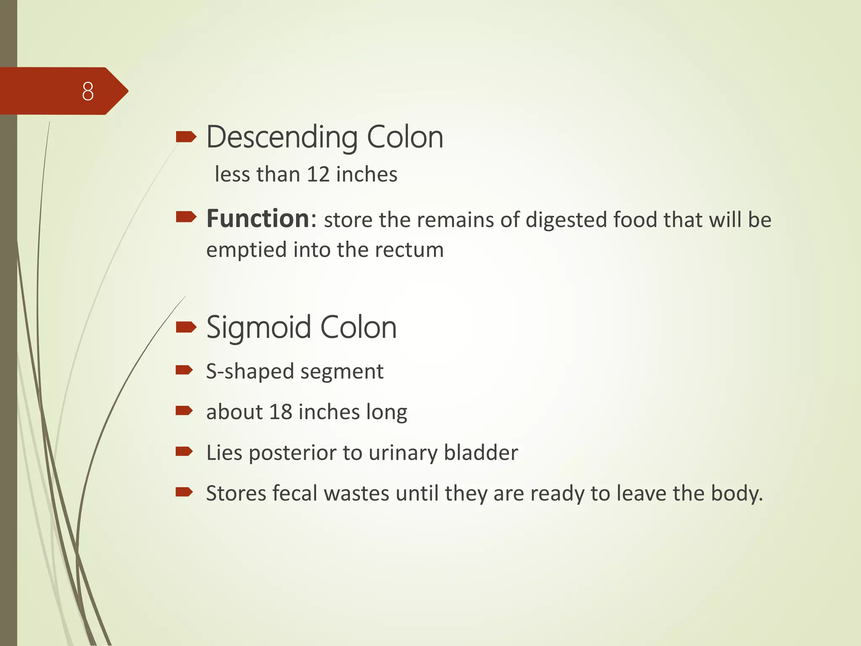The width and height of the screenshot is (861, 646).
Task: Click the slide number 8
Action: coord(88,91)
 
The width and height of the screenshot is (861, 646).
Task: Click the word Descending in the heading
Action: coord(282,138)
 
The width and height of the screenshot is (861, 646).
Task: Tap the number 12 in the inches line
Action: coord(318,174)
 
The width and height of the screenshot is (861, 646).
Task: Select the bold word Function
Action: coord(258,219)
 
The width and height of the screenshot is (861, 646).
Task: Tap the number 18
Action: coord(280,412)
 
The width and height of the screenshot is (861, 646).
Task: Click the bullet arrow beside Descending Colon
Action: coord(186,137)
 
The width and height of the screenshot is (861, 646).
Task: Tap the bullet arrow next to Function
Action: coord(186,217)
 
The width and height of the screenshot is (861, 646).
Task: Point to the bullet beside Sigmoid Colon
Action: coord(186,327)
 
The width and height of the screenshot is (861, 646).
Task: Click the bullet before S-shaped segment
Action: coord(184,370)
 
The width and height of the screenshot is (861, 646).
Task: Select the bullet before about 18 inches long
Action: coord(184,410)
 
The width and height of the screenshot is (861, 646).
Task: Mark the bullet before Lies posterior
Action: coord(184,452)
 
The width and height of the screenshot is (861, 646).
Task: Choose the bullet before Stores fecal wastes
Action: coord(184,492)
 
